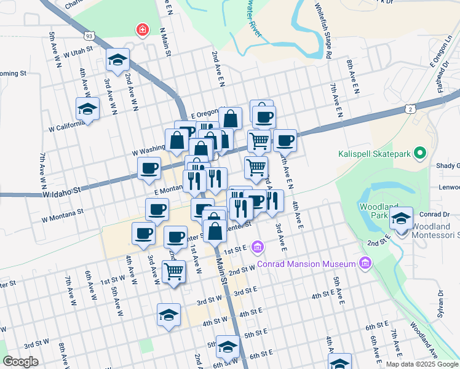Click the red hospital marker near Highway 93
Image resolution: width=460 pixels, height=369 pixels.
[142, 30]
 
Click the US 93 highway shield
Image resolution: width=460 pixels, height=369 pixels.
[90, 36]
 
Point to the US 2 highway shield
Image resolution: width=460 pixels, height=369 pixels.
[410, 109]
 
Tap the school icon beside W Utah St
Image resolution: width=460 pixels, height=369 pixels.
[117, 60]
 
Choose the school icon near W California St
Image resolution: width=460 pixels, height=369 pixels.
[87, 109]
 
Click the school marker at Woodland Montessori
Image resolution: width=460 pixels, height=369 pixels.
[402, 217]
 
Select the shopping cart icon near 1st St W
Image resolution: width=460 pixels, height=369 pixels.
[174, 270]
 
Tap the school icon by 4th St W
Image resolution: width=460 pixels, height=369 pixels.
[169, 314]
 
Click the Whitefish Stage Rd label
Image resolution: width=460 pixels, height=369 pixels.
[325, 31]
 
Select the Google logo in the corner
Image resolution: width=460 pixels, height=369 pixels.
[20, 362]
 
